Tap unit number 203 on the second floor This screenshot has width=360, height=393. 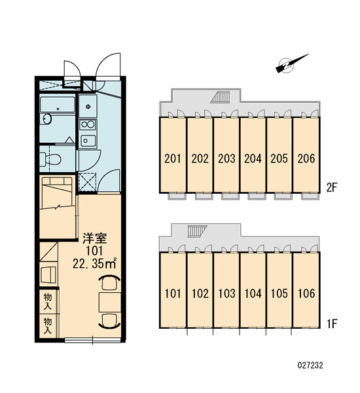(226, 159)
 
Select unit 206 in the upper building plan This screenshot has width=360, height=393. (306, 159)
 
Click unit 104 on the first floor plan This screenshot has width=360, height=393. (253, 293)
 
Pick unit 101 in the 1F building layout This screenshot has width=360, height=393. (173, 293)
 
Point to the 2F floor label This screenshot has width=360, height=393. (333, 187)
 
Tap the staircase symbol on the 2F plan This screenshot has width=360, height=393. (220, 97)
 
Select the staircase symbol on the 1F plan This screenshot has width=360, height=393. (198, 231)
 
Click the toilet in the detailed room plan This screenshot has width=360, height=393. (50, 159)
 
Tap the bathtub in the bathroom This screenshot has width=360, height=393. (58, 104)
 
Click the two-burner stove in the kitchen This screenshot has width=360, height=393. (87, 124)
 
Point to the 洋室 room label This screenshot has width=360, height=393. (95, 238)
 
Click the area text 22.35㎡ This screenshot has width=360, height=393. (95, 263)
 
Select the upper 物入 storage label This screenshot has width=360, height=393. (48, 301)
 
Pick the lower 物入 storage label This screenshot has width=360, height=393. (48, 326)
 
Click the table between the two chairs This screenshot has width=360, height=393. (110, 302)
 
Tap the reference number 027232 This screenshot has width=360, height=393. (310, 365)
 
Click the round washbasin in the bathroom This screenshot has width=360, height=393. (46, 119)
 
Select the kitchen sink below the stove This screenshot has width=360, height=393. (87, 141)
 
